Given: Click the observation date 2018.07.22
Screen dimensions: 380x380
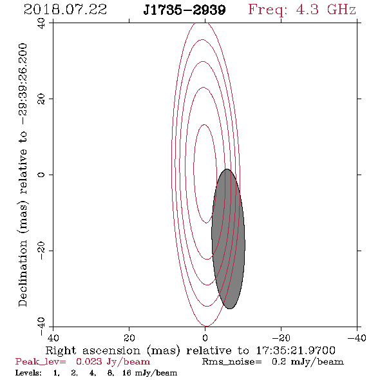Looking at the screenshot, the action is (x=65, y=10).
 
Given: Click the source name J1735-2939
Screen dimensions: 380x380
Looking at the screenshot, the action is (x=184, y=10).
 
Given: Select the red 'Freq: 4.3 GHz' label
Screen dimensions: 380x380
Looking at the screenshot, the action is (x=302, y=10).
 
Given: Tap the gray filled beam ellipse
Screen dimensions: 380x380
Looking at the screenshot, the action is (x=228, y=239).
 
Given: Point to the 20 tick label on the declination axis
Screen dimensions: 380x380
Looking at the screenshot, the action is (x=41, y=99).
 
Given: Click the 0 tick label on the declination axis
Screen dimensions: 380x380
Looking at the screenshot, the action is (x=41, y=175).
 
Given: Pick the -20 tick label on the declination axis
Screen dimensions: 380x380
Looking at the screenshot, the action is (x=41, y=251).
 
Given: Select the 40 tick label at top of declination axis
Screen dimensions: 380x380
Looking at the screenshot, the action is (x=41, y=23).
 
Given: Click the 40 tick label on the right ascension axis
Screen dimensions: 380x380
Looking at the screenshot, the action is (x=53, y=337).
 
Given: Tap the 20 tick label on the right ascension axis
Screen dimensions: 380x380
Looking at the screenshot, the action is (x=129, y=337).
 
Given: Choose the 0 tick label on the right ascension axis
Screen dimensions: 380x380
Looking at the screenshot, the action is (x=205, y=337).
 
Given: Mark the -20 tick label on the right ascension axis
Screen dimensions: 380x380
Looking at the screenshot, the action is (x=281, y=337).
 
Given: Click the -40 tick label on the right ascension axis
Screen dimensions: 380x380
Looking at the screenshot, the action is (x=357, y=337).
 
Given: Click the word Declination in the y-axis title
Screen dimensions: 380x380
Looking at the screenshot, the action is (x=23, y=274).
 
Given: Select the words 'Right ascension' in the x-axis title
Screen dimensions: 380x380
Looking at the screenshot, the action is (x=93, y=350).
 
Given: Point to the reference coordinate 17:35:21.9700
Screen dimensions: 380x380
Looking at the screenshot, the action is (x=296, y=350).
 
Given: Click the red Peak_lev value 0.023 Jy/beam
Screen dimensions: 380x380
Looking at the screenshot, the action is (x=113, y=361).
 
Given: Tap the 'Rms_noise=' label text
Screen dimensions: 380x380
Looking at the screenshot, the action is (x=232, y=362).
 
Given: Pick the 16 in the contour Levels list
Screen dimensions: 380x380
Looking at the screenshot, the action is (x=126, y=373).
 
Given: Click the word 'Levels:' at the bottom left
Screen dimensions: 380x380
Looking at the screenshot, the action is (x=28, y=373).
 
